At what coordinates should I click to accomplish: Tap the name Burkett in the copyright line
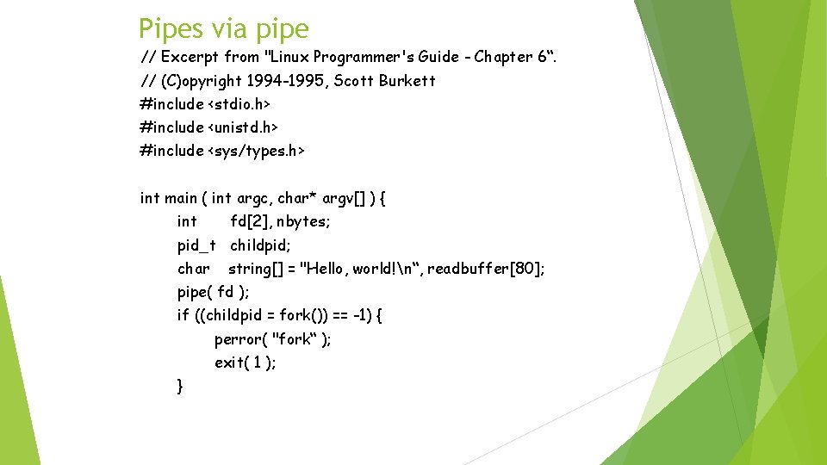click(x=407, y=80)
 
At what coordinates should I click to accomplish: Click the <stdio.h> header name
click(x=239, y=103)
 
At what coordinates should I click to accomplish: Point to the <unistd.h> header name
click(x=243, y=127)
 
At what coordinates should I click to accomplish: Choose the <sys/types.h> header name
click(x=256, y=151)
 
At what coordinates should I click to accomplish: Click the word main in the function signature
click(x=181, y=198)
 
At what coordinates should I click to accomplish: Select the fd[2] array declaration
click(x=251, y=221)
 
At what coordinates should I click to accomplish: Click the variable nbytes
click(x=304, y=221)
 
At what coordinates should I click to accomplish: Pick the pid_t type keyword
click(x=196, y=245)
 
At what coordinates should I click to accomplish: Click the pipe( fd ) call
click(x=213, y=292)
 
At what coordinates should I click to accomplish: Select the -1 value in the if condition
click(x=364, y=315)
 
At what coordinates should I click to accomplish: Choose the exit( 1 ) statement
click(x=245, y=363)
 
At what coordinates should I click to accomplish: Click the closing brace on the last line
click(x=180, y=386)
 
